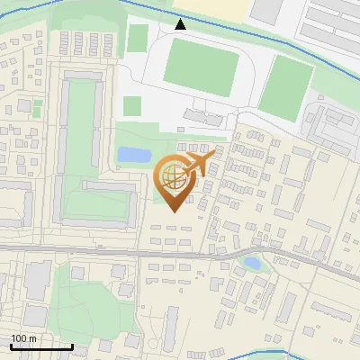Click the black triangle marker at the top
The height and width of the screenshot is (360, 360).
point(181,24)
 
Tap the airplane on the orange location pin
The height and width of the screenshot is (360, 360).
point(199,163)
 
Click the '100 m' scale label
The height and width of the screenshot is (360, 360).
point(23,338)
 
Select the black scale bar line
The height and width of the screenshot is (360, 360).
point(41,346)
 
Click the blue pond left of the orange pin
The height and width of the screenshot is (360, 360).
point(135,155)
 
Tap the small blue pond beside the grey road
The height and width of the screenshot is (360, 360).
point(253,264)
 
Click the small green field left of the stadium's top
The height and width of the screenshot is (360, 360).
point(138,39)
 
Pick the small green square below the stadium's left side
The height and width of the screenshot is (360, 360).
point(132,106)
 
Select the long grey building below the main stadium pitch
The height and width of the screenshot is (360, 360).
point(203,118)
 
